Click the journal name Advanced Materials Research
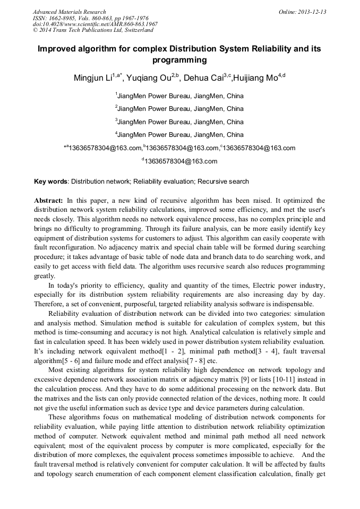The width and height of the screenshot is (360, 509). [x=69, y=12]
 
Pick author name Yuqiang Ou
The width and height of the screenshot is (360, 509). [x=150, y=78]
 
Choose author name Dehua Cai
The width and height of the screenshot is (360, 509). [x=204, y=78]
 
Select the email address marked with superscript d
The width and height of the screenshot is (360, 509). [x=181, y=161]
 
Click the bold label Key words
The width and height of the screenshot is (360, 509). [x=50, y=182]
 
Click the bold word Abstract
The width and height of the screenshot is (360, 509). [x=49, y=201]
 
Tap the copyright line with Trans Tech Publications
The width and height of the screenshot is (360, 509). [x=85, y=30]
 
